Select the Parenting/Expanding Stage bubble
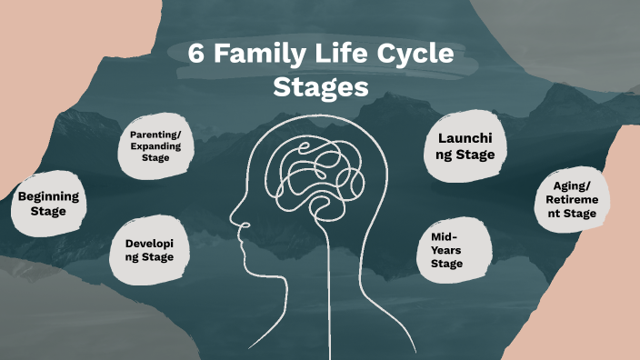[155, 146]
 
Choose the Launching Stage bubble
[465, 146]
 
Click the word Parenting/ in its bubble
[155, 135]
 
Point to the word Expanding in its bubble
[155, 146]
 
